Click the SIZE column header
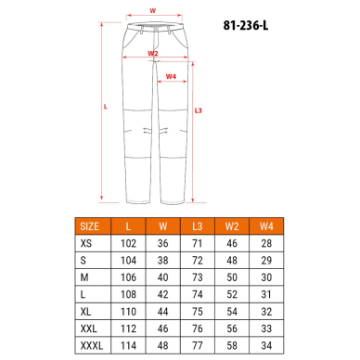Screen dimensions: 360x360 coord(90,225)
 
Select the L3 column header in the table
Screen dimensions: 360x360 coord(197,225)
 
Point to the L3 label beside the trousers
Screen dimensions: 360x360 coord(199,111)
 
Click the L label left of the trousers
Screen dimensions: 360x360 coord(106,107)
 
